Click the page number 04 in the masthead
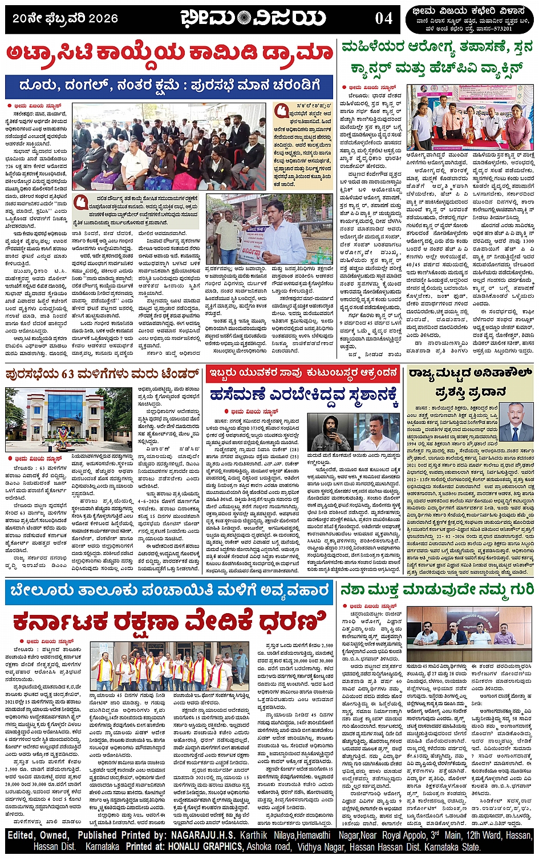point(383,18)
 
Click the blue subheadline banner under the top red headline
point(169,86)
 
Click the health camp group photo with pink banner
point(470,117)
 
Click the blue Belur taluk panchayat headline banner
point(169,590)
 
